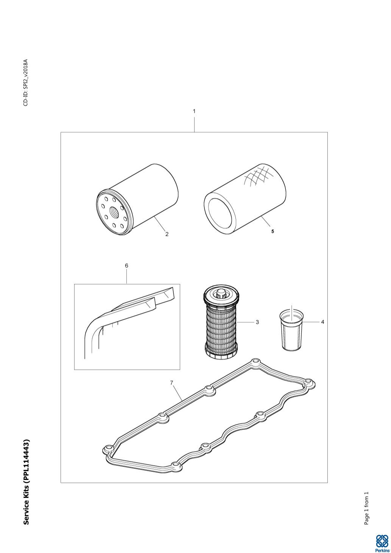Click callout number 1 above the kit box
pos(194,111)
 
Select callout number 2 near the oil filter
pos(167,234)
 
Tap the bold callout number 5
pos(273,232)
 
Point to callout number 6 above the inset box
pos(127,266)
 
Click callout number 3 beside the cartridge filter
pos(257,322)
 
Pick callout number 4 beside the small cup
pos(322,322)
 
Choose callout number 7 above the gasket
pos(171,383)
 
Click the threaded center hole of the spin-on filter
pos(115,210)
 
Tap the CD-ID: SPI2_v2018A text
pos(26,83)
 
